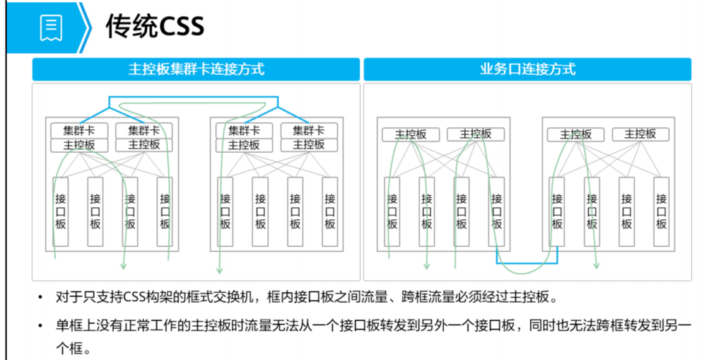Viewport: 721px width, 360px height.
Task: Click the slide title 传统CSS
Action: coord(155,27)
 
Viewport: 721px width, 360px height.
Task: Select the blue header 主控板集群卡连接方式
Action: coord(196,69)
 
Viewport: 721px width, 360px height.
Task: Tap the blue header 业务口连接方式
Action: coord(527,69)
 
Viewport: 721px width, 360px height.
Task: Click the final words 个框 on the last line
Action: coord(72,349)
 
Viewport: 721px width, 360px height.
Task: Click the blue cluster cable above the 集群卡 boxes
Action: coord(191,98)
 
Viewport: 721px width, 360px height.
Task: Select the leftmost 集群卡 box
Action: coord(79,131)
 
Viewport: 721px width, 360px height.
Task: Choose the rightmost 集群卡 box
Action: coord(309,131)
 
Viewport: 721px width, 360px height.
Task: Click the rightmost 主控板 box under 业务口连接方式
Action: coord(640,134)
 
